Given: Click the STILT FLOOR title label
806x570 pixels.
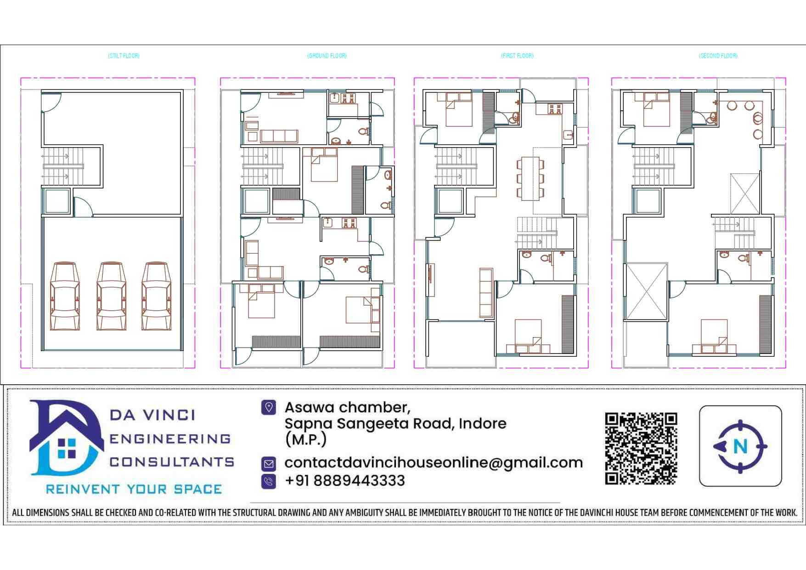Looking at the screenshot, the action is coord(124,56).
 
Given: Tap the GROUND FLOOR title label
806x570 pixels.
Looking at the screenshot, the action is coord(327,56).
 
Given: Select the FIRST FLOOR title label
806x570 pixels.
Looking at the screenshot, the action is coord(517,56).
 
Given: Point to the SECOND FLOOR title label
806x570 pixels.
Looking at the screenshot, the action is coord(718,56).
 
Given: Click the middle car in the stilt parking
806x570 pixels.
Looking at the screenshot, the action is coord(111,296).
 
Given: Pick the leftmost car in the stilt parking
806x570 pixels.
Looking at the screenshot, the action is coord(65,296).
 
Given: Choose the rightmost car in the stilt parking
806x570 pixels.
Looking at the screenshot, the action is coord(156,296).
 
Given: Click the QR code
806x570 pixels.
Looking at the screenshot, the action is coord(641,449).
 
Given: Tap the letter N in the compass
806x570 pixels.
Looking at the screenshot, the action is coord(740,446).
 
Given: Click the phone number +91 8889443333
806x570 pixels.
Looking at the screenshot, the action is coord(345,481).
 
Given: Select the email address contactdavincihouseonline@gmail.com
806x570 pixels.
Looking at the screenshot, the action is coord(434,462).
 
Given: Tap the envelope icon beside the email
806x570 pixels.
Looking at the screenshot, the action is coord(269,463).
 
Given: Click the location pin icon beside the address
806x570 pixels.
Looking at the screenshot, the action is coord(269,407).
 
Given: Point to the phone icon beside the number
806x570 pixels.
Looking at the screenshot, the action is coord(269,481).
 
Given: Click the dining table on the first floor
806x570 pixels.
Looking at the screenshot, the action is coord(530,178).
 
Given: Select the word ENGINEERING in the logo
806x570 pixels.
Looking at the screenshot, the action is coord(170,439).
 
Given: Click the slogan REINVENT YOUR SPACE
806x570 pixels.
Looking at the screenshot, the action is coord(134,489).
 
